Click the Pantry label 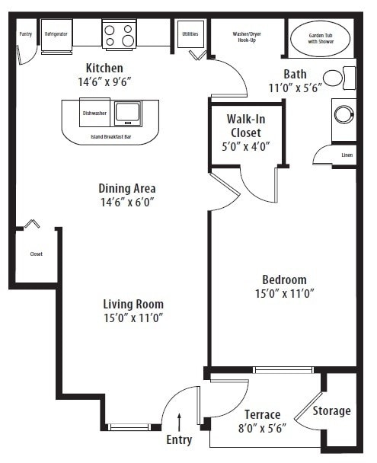click(25, 34)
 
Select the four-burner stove click(119, 35)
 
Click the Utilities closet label click(189, 34)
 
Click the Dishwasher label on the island click(94, 113)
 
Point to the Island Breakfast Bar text click(111, 137)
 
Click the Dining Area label click(127, 188)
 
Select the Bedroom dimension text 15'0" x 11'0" click(284, 292)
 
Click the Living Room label click(133, 304)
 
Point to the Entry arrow click(179, 421)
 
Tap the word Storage click(331, 411)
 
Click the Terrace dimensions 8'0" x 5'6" click(262, 429)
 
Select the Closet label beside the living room click(36, 254)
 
